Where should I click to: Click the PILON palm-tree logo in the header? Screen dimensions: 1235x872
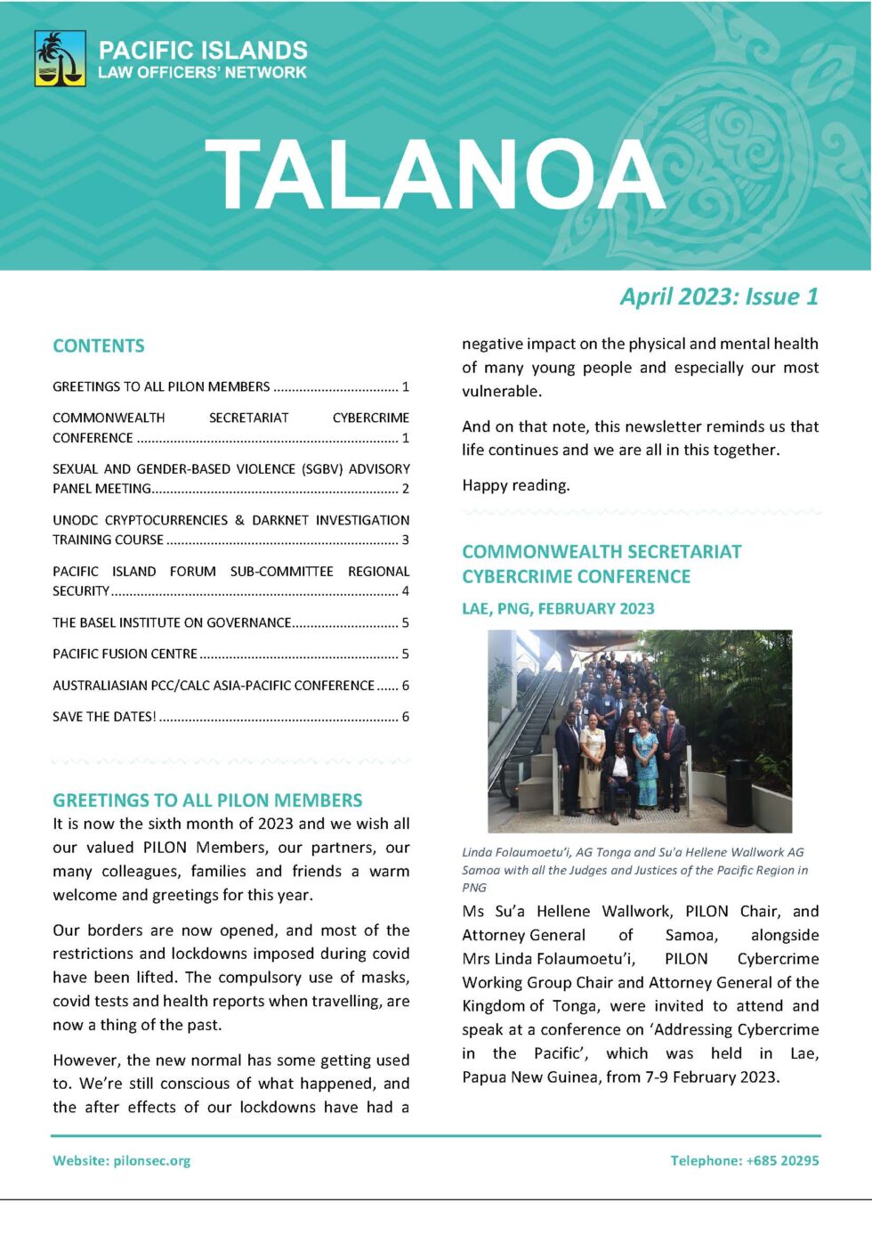coord(60,59)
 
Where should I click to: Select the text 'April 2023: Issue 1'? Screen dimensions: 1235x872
coord(719,297)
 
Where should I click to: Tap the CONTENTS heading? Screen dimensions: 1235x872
coord(99,345)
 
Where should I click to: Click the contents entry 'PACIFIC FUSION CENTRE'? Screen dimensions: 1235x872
coord(125,654)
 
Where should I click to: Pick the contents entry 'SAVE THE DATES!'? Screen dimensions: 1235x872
coord(104,717)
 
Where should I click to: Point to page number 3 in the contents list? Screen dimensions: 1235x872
coord(405,540)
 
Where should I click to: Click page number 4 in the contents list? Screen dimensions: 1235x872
coord(405,590)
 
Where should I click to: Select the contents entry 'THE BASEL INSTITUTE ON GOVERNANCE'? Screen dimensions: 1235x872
coord(172,622)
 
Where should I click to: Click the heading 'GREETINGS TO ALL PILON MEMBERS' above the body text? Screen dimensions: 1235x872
coord(207,800)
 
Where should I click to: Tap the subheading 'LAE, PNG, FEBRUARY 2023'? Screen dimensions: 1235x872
coord(558,609)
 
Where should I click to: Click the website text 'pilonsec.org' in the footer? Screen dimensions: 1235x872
coord(152,1160)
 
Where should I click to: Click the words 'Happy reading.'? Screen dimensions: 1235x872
coord(516,485)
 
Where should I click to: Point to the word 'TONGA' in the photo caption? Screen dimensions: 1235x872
coord(615,852)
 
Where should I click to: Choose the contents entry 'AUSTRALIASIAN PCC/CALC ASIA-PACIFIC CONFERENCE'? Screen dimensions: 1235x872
coord(214,686)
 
